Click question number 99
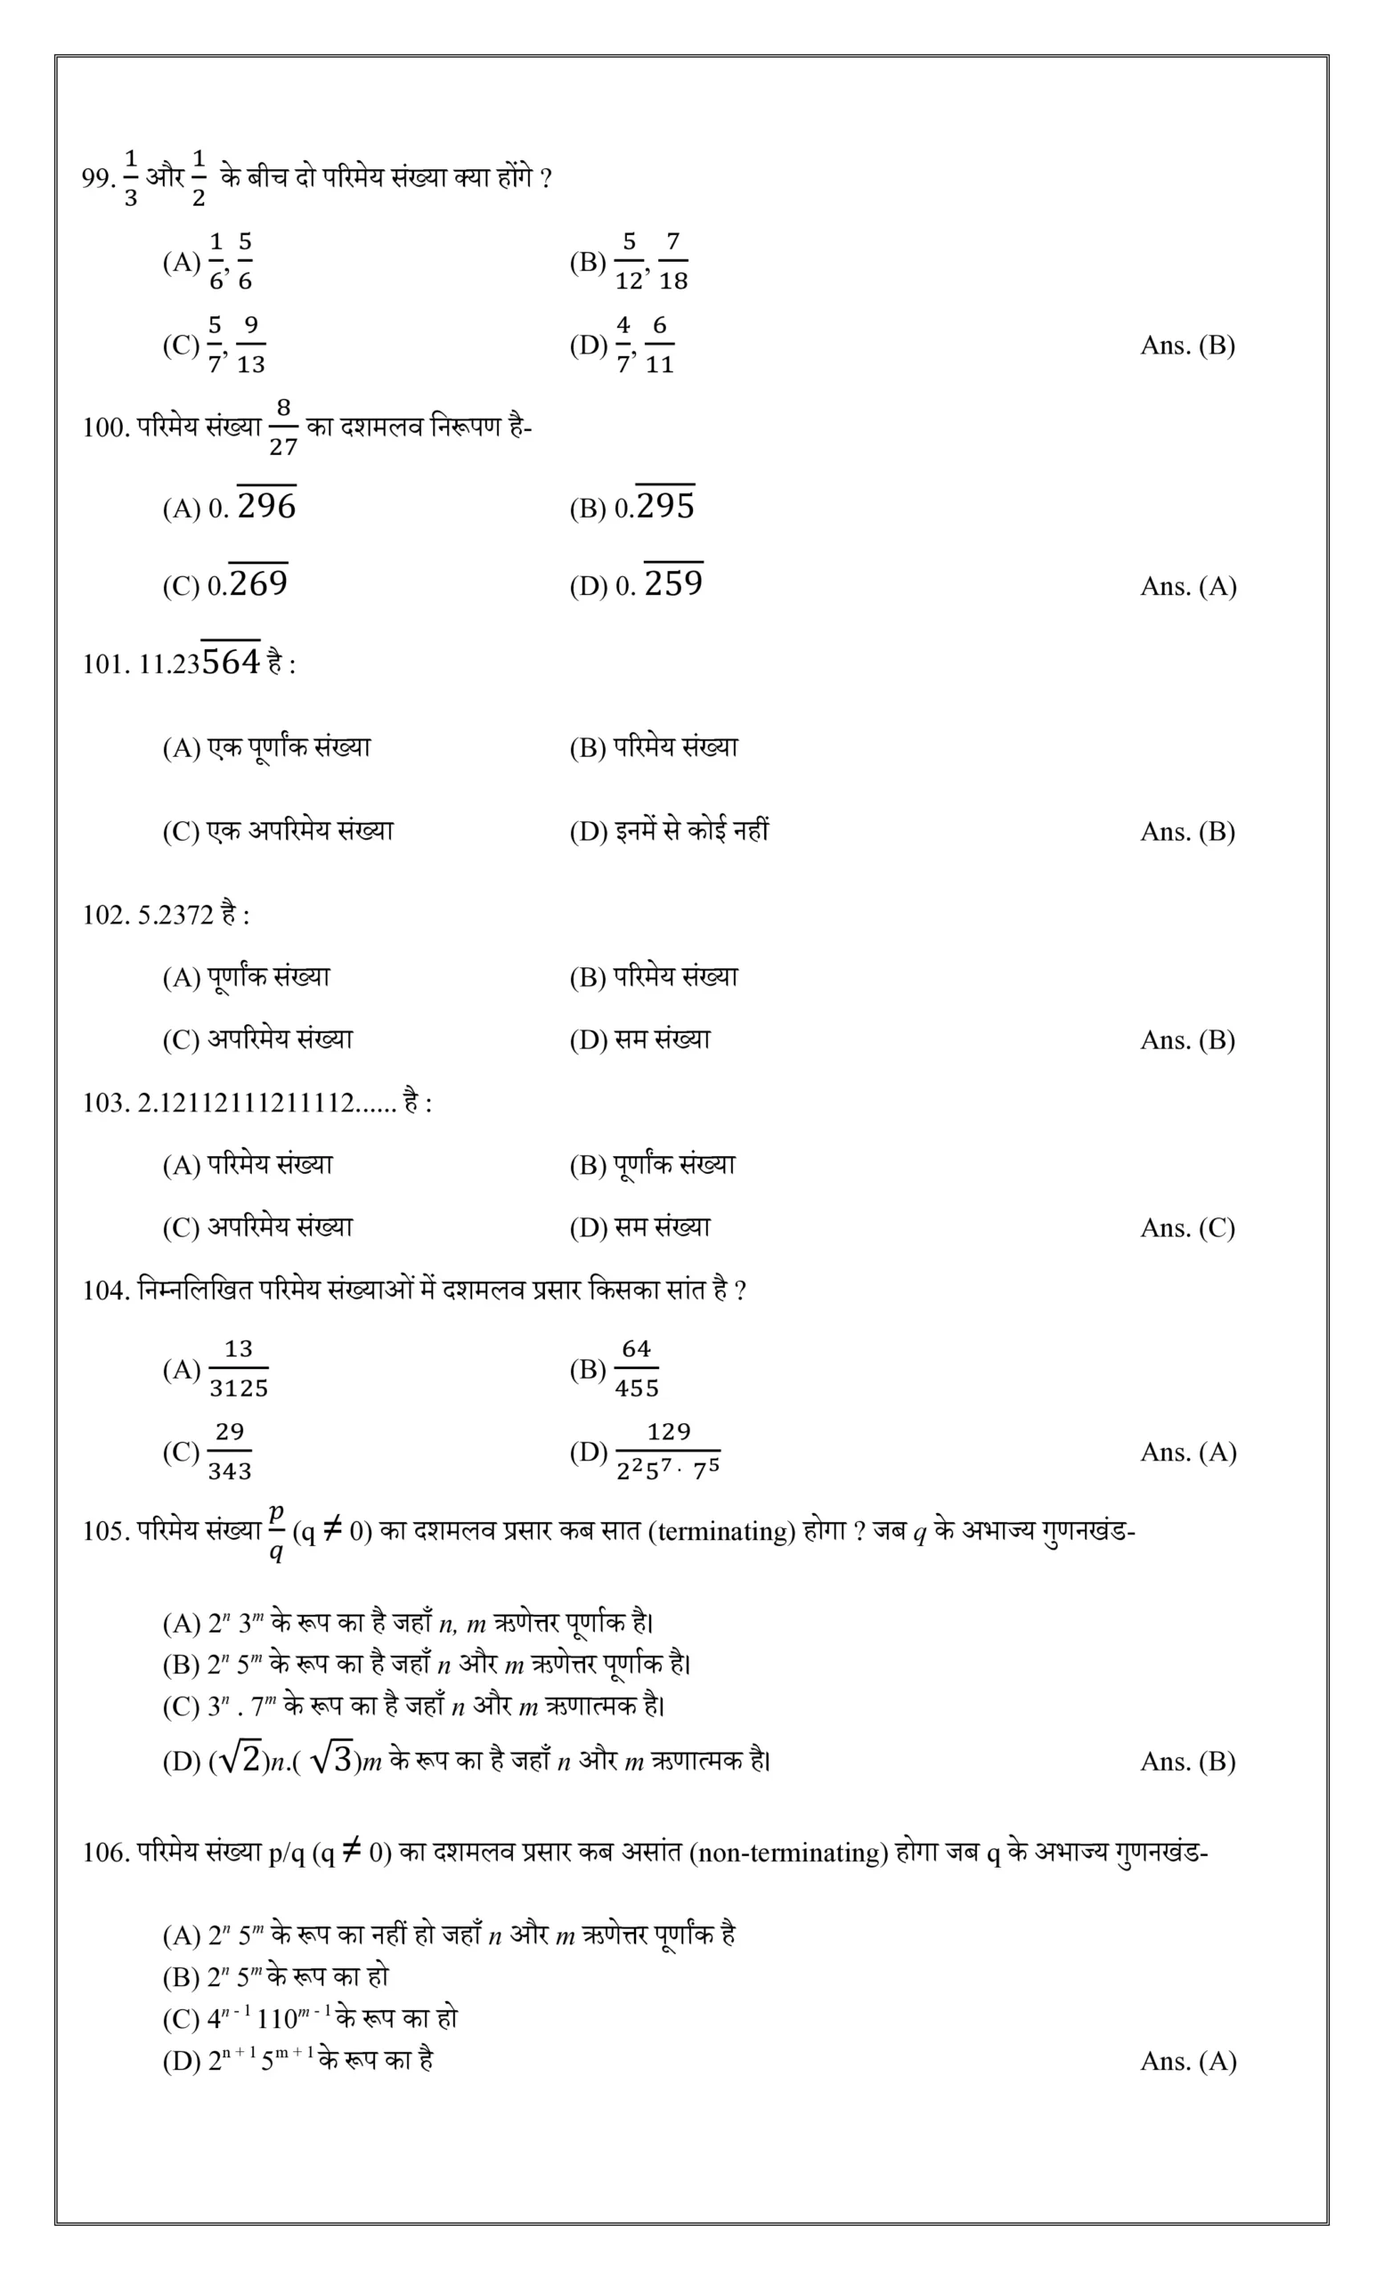[97, 177]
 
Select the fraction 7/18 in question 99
[672, 262]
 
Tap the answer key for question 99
[1187, 346]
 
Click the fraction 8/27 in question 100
[283, 427]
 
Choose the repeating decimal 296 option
[266, 505]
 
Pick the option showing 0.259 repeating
[672, 583]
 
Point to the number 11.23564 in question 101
[199, 663]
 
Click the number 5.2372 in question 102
[175, 916]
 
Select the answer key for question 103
[1187, 1228]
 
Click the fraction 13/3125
[239, 1369]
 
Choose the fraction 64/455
[637, 1369]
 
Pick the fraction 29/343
[230, 1451]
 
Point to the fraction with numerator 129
[668, 1451]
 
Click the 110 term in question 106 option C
[277, 2020]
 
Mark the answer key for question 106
[1188, 2062]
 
